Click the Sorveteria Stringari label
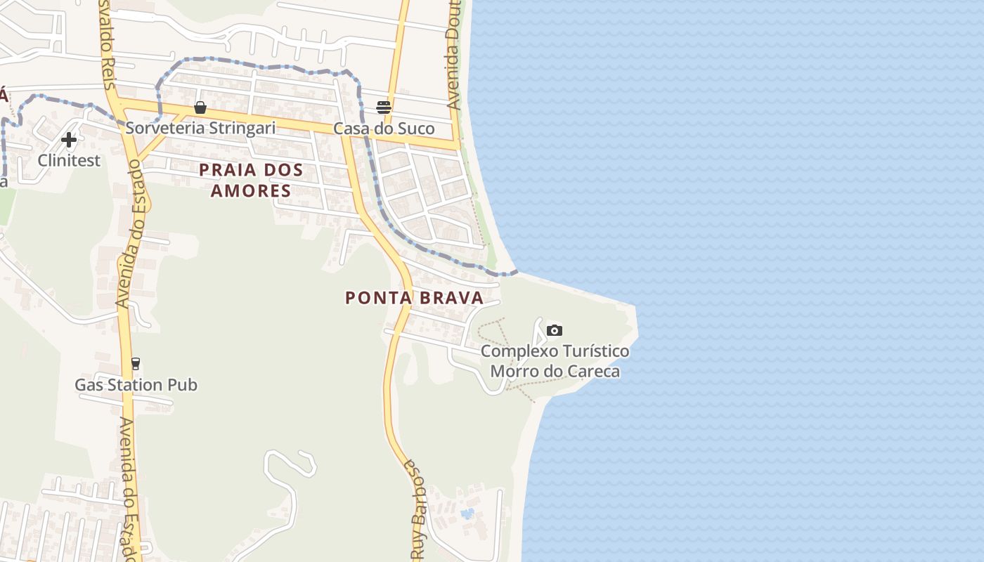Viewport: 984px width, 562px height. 200,128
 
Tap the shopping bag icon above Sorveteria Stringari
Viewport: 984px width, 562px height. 200,107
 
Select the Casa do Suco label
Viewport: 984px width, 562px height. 384,129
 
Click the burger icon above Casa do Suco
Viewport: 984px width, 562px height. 384,107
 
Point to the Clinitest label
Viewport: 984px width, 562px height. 69,160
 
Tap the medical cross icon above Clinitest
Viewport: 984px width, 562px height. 69,140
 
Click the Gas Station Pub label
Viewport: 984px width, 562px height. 136,385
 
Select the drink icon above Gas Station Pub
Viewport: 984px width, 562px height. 136,364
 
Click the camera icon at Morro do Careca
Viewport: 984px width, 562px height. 555,330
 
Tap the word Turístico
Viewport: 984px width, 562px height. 595,351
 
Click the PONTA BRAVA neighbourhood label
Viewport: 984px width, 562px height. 415,298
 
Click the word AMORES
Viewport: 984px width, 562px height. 251,190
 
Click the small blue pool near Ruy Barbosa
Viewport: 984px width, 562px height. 466,514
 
